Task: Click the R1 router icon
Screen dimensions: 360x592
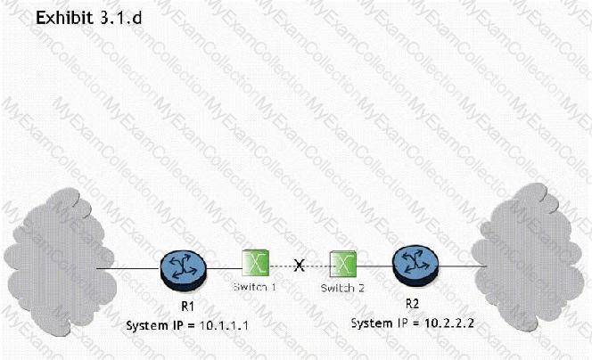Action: (185, 266)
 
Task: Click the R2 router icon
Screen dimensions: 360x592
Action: (415, 264)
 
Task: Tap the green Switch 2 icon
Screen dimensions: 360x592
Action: (342, 265)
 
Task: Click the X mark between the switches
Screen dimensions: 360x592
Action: (300, 266)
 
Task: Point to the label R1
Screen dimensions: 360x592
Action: (185, 304)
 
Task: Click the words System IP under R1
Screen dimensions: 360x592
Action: (155, 323)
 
